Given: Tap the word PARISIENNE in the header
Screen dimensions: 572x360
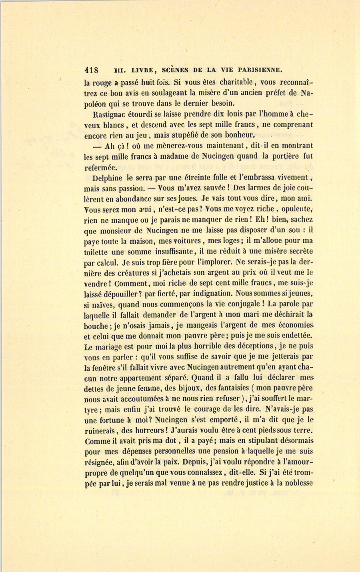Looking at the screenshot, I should tap(260, 70).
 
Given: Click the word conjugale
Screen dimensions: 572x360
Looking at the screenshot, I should tap(244, 304).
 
